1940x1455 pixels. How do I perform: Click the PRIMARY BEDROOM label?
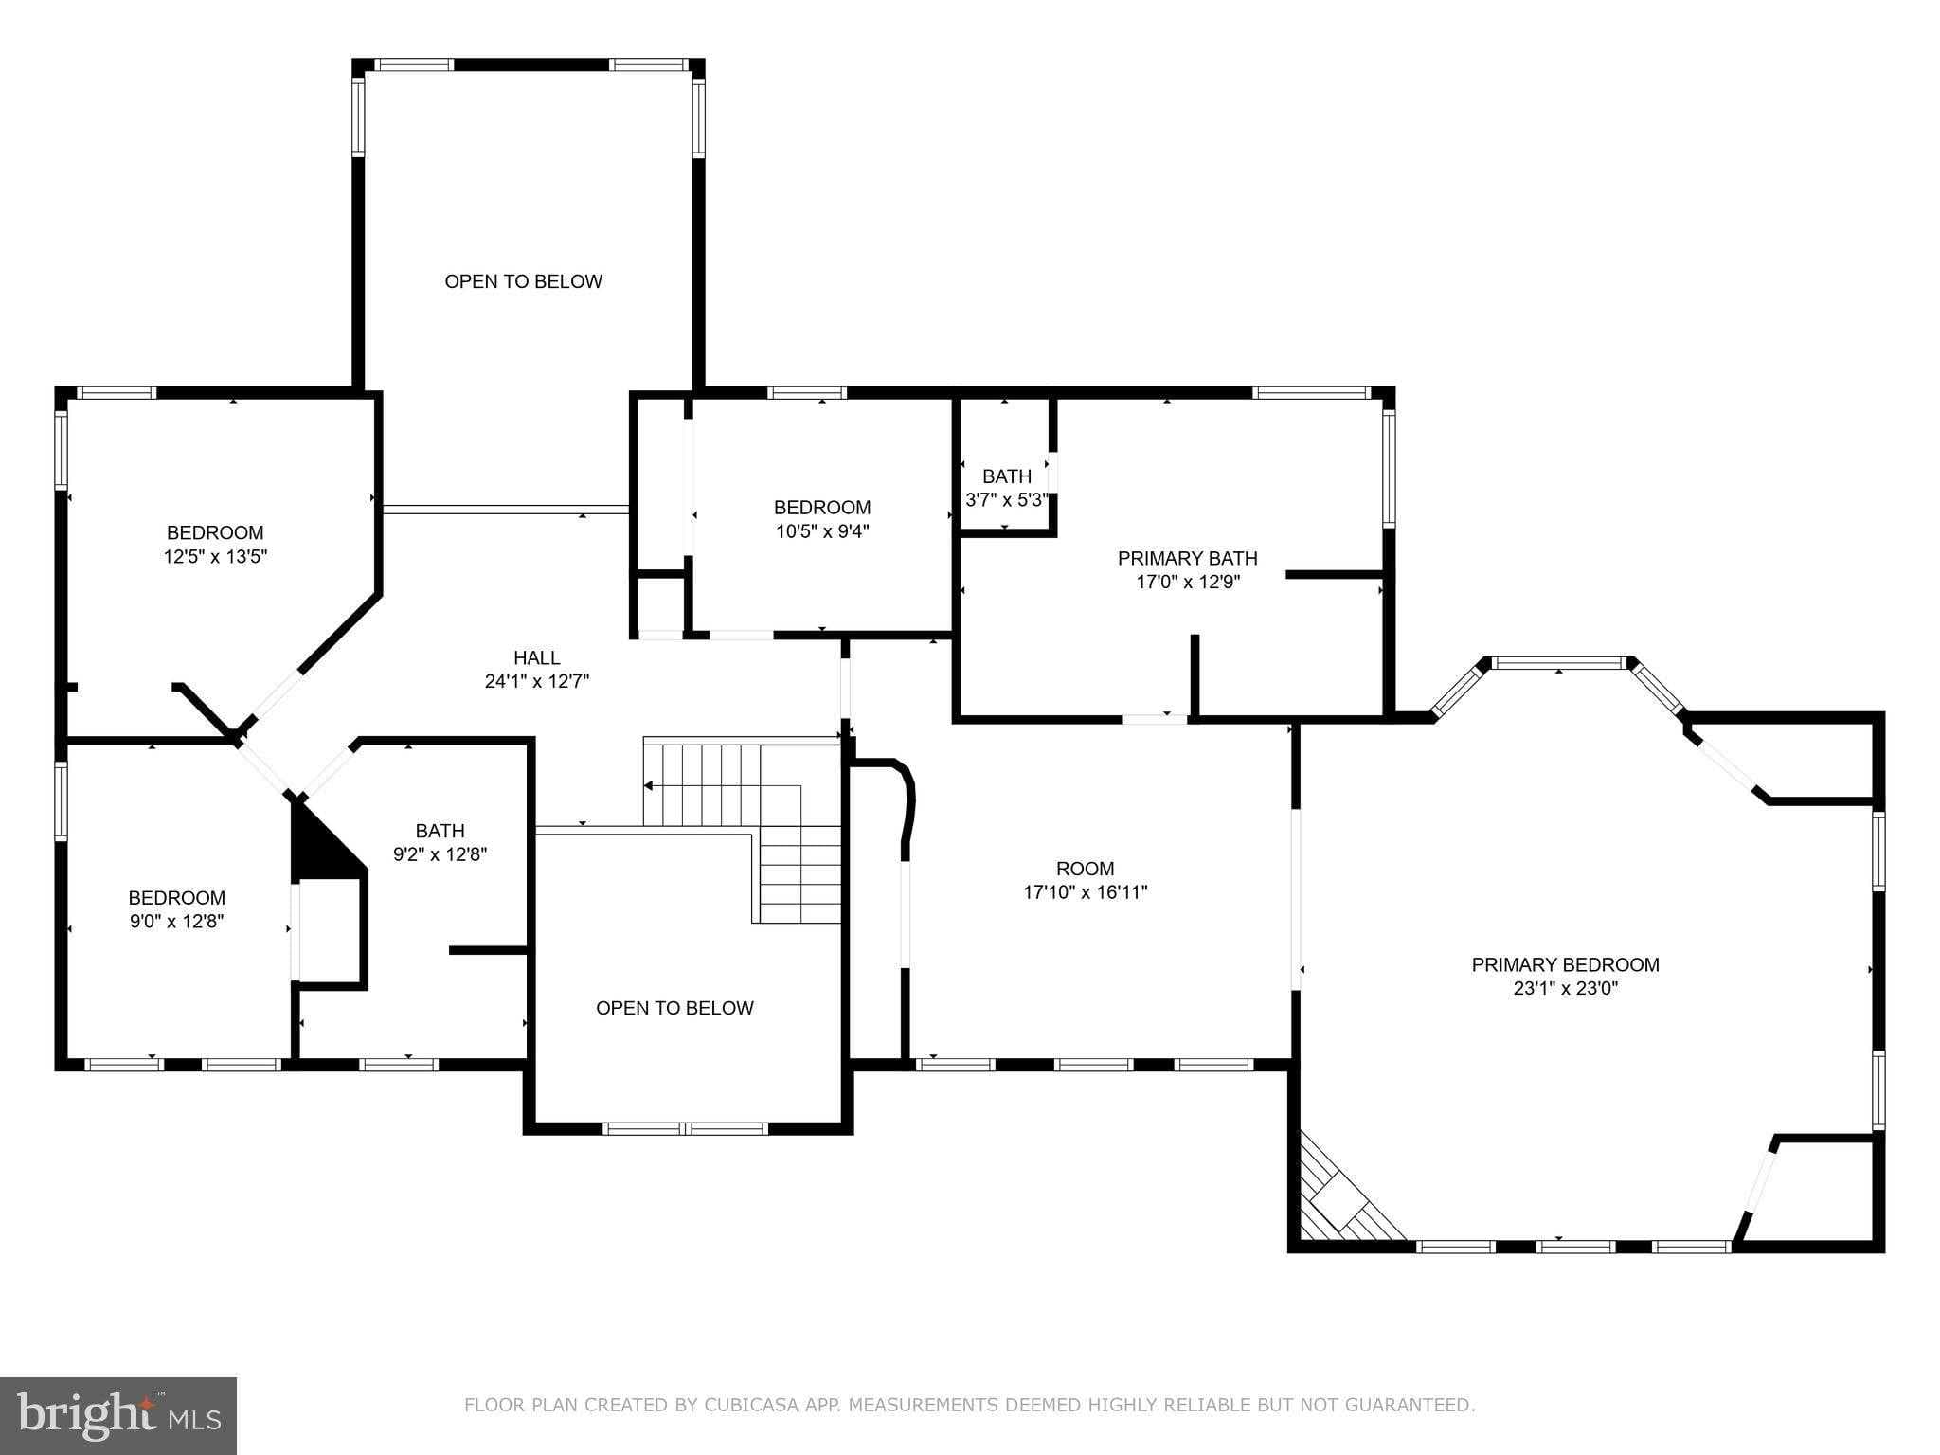(1565, 964)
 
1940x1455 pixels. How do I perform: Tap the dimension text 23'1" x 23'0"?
(1565, 989)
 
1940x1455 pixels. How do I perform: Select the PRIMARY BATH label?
(1187, 558)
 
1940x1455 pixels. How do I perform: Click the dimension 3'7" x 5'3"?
(1006, 499)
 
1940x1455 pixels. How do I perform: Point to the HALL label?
(536, 657)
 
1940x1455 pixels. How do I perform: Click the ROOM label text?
(1085, 868)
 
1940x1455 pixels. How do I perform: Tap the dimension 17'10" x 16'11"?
(1085, 892)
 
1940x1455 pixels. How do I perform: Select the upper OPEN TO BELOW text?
(523, 281)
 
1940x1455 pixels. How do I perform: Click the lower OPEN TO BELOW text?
(674, 1008)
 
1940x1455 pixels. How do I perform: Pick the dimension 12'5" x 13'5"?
(215, 557)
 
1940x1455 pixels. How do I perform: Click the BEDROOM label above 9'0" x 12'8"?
(176, 897)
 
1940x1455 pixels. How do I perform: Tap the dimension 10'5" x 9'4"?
(821, 531)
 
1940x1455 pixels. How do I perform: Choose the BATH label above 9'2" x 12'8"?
(440, 831)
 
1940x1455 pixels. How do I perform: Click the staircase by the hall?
(748, 805)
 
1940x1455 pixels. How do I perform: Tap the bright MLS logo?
(117, 1415)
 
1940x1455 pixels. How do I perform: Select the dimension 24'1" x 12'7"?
(536, 681)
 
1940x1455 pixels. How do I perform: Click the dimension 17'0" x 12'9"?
(1187, 583)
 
